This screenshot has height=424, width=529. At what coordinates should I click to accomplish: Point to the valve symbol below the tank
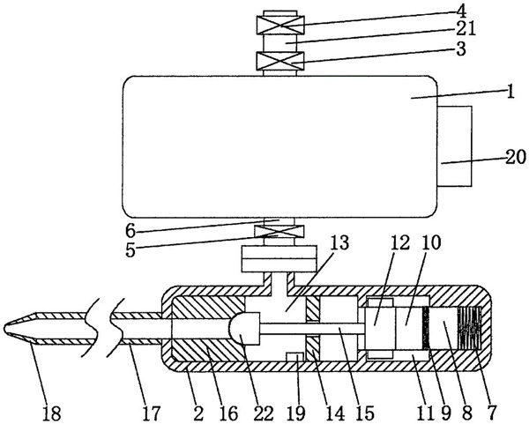tap(280, 234)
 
